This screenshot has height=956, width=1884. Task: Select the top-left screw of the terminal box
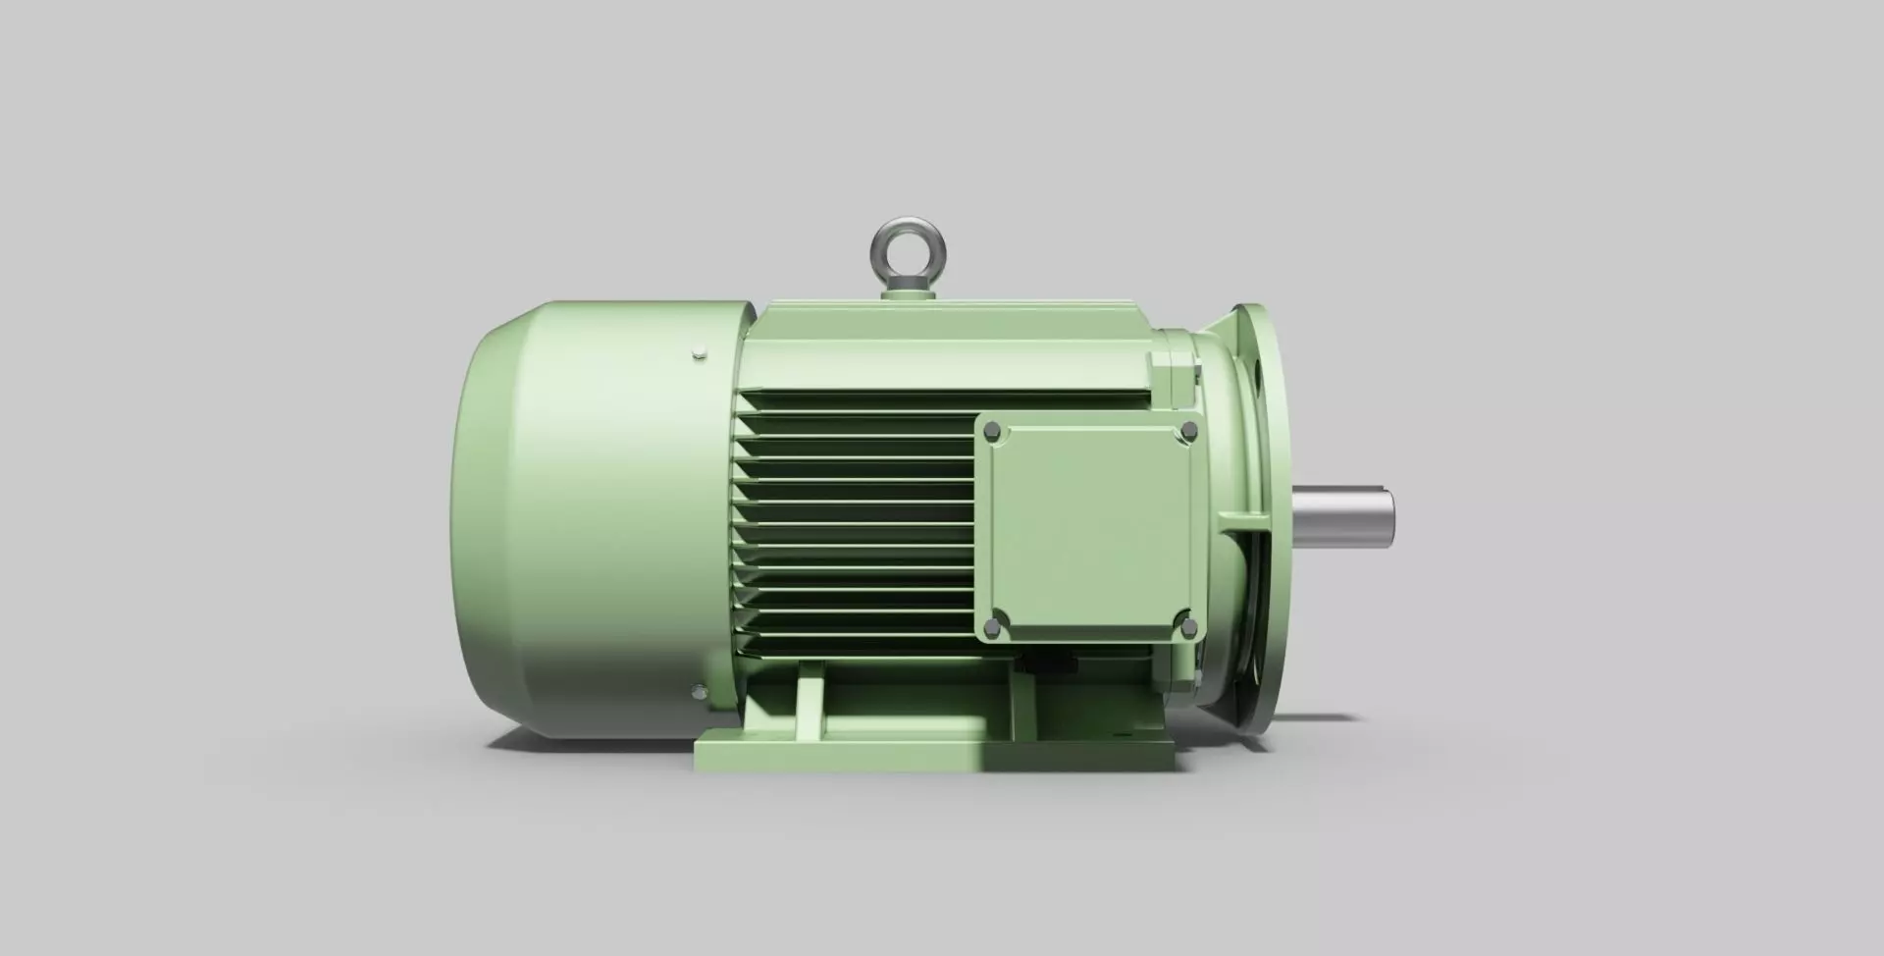(x=991, y=430)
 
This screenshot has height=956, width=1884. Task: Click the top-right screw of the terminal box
(x=1189, y=430)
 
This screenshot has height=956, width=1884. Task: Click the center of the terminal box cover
(x=1089, y=527)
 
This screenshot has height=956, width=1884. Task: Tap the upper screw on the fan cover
(x=697, y=354)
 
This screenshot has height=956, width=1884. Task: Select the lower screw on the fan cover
(x=697, y=692)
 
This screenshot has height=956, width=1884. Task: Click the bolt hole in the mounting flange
(x=1258, y=373)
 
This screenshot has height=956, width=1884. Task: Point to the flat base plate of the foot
(x=932, y=756)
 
